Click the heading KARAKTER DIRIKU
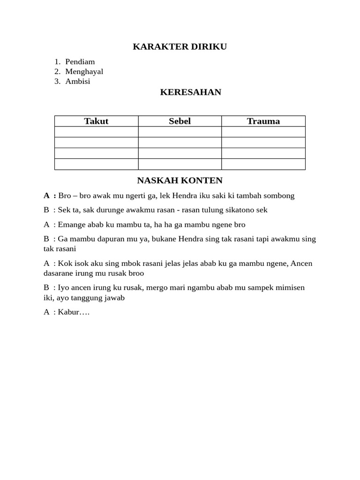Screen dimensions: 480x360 pyautogui.click(x=180, y=46)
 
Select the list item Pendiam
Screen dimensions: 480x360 pyautogui.click(x=80, y=62)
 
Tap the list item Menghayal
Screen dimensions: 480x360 pyautogui.click(x=84, y=72)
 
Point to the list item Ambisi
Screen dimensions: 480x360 pyautogui.click(x=78, y=82)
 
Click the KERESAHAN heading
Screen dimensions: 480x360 pyautogui.click(x=190, y=92)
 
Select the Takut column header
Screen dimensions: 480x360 pyautogui.click(x=96, y=121)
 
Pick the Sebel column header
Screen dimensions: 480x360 pyautogui.click(x=180, y=121)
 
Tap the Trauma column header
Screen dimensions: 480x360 pyautogui.click(x=263, y=121)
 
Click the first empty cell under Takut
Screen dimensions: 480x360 pyautogui.click(x=96, y=132)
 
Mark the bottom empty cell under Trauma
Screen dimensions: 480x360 pyautogui.click(x=263, y=164)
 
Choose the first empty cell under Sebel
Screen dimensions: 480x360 pyautogui.click(x=180, y=132)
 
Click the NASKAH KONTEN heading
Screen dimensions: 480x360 pyautogui.click(x=180, y=180)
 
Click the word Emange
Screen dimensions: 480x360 pyautogui.click(x=72, y=225)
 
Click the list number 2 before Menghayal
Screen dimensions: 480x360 pyautogui.click(x=57, y=72)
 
